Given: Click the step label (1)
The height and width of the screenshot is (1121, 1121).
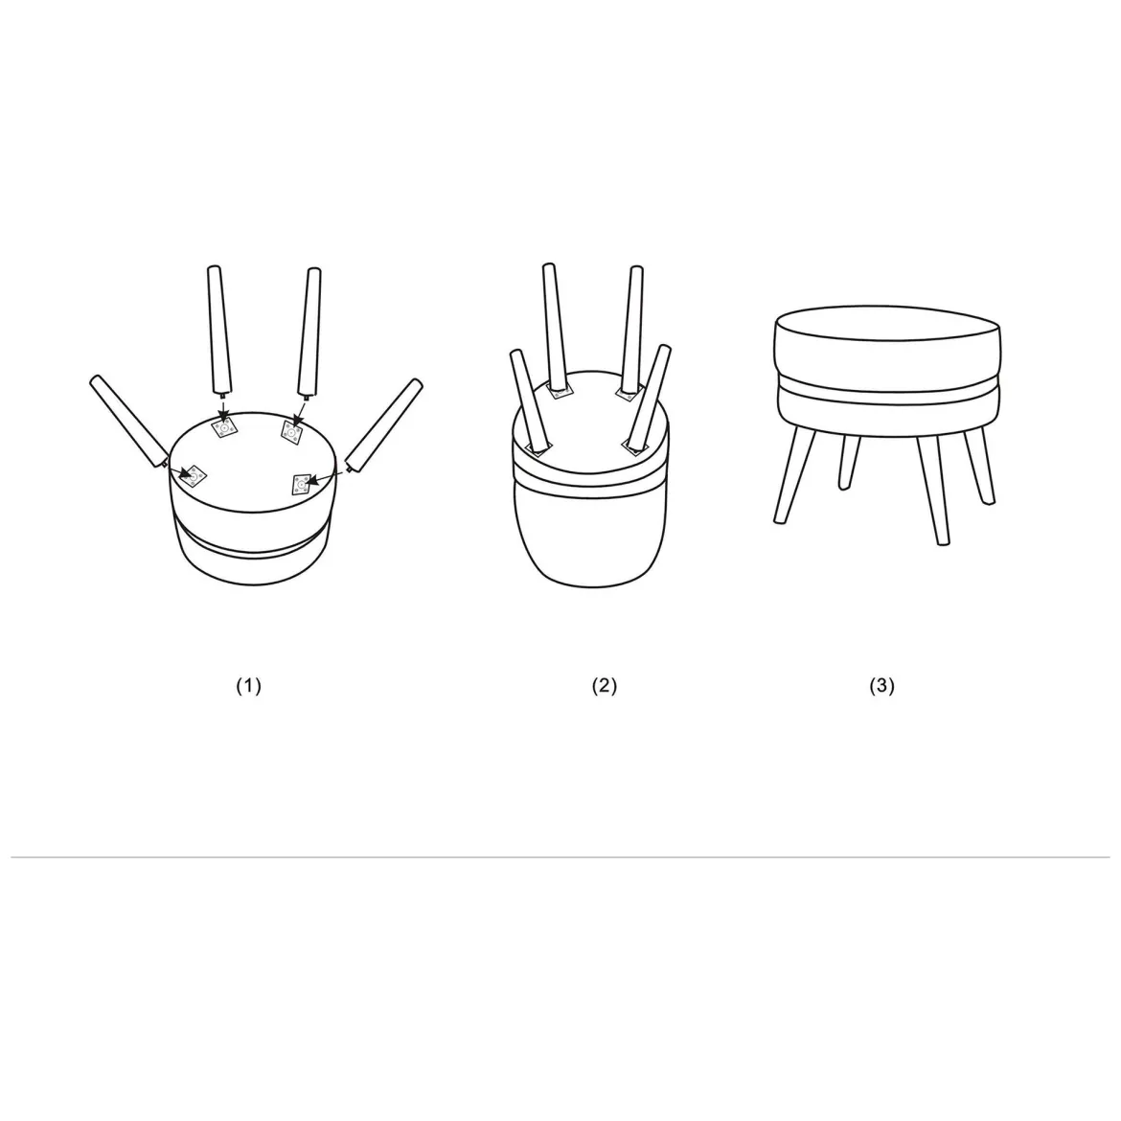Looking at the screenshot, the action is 249,686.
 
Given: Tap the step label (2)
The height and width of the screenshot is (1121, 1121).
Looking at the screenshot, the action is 605,686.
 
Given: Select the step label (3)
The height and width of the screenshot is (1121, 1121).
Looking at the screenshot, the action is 881,686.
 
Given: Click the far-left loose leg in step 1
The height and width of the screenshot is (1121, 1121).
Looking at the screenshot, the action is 128,421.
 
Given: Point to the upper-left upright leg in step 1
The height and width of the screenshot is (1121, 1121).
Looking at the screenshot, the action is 218,330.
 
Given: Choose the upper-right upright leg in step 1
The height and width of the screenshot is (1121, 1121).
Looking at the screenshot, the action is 309,332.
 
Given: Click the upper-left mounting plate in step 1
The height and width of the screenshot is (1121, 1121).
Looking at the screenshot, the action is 224,427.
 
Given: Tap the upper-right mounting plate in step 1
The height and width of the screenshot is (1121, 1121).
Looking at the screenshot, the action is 291,432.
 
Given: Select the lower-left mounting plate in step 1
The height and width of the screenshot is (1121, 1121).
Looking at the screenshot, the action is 193,474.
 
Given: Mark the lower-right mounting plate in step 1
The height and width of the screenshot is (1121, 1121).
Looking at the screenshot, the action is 303,485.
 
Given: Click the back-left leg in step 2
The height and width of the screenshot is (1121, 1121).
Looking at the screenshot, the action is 558,328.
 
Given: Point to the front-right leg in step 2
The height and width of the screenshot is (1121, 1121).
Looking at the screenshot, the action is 649,399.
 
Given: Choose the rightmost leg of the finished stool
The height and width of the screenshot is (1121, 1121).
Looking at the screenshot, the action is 979,467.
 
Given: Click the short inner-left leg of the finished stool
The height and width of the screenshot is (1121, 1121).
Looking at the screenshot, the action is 849,462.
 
